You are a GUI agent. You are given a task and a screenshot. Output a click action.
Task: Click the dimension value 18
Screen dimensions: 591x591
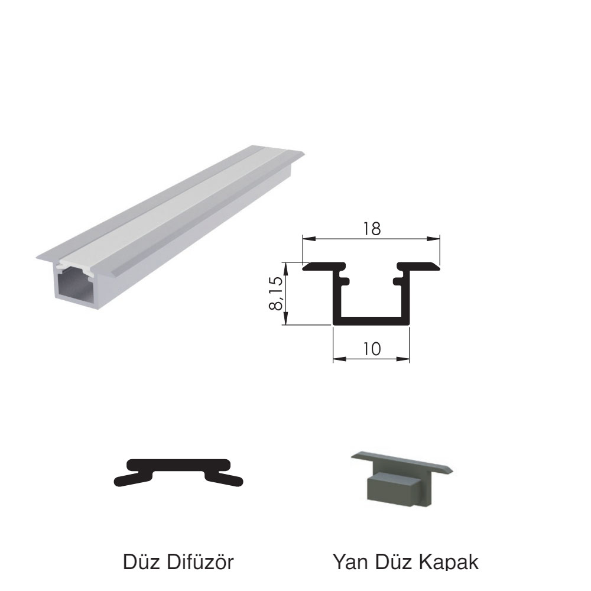pos(372,229)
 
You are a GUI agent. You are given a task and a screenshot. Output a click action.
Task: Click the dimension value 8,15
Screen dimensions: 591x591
pos(276,293)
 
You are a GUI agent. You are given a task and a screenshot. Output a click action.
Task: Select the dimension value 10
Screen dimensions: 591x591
pos(372,349)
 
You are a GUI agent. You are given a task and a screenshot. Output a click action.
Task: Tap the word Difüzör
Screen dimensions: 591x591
pos(200,561)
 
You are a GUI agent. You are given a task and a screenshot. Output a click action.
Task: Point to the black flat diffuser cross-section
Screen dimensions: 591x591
pos(178,472)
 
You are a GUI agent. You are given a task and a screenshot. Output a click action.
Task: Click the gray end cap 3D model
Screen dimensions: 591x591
pos(402,478)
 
